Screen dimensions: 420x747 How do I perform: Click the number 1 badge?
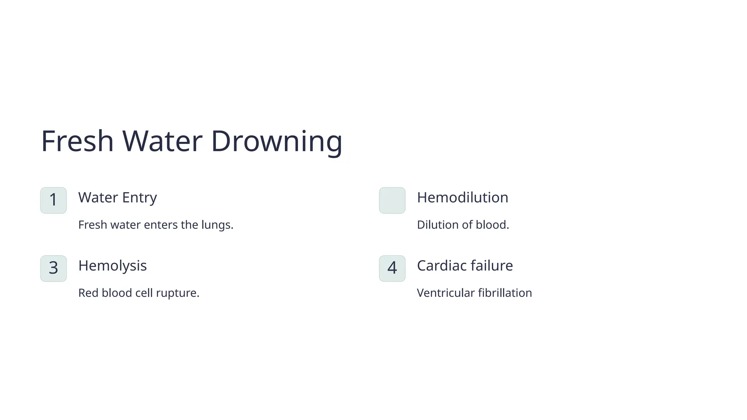[54, 200]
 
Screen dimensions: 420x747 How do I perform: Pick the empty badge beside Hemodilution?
[392, 200]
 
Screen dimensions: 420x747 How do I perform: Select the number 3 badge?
[54, 268]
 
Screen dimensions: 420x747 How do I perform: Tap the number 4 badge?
[392, 268]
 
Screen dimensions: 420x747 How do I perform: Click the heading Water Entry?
[117, 198]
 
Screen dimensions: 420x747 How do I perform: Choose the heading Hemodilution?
[462, 198]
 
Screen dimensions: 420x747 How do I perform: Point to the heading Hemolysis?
[112, 266]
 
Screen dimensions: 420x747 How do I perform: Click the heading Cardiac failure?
[465, 266]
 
